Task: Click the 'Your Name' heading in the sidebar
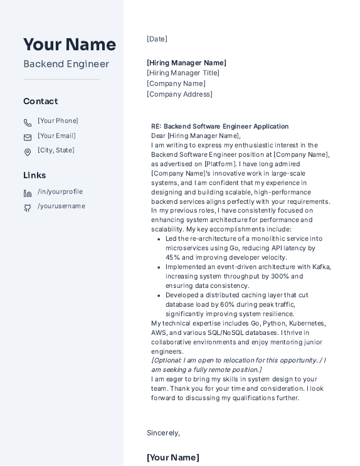click(70, 45)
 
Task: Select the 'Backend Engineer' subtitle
click(66, 64)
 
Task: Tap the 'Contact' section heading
click(41, 101)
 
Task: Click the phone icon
click(28, 123)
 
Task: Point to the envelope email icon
click(28, 137)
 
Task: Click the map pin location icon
click(28, 152)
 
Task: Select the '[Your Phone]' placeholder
click(58, 121)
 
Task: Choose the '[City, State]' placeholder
click(56, 151)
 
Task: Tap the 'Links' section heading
click(34, 175)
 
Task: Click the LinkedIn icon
click(28, 193)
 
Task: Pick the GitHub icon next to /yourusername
click(28, 208)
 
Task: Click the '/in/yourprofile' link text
click(60, 192)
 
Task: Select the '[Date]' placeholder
click(157, 39)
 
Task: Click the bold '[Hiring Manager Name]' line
click(186, 63)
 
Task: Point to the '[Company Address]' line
click(179, 94)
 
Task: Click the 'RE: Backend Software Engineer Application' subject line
click(220, 126)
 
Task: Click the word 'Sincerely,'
click(163, 433)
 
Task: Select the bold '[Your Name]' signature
click(173, 457)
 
